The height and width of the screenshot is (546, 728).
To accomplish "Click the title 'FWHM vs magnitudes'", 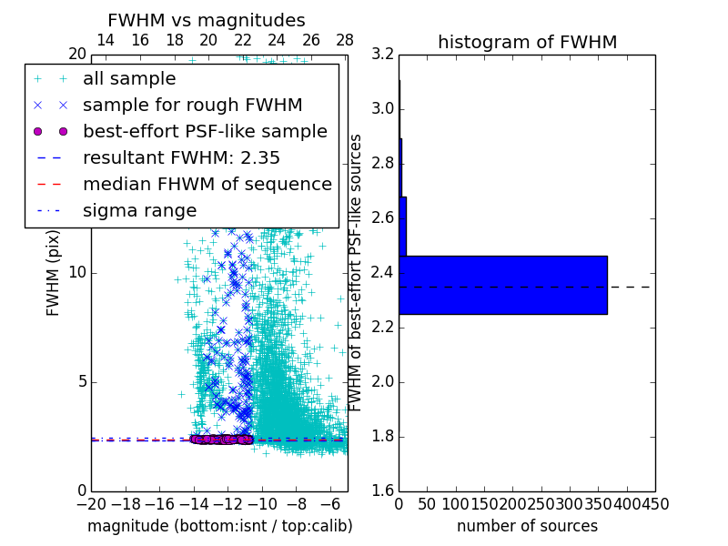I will pos(206,21).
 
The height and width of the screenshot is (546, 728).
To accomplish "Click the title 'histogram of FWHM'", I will pos(527,43).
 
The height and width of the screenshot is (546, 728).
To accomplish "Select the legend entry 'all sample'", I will pos(129,79).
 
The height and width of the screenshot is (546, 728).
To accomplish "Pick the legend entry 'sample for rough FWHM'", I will pos(192,106).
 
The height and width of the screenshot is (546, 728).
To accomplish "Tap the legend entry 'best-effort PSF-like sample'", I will pos(205,132).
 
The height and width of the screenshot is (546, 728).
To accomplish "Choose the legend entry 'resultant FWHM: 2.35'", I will pos(181,158).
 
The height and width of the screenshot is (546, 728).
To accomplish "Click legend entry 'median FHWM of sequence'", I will pos(207,185).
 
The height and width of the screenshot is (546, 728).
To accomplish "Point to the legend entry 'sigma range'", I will pos(139,211).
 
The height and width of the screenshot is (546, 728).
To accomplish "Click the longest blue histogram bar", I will pos(503,285).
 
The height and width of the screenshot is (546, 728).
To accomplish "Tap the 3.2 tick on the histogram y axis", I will pos(383,55).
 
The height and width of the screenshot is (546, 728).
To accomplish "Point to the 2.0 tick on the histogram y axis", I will pos(383,381).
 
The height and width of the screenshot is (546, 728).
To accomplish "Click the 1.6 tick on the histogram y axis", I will pos(383,490).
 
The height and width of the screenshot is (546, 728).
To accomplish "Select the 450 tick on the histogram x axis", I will pos(655,503).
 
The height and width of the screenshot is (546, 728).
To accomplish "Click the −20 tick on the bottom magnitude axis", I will pos(91,503).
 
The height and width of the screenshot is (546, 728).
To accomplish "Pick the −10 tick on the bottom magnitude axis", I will pos(262,503).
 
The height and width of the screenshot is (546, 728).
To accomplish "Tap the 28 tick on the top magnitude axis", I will pos(345,40).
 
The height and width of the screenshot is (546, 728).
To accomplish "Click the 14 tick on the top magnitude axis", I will pos(106,40).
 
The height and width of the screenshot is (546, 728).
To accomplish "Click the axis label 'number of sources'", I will pos(527,526).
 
